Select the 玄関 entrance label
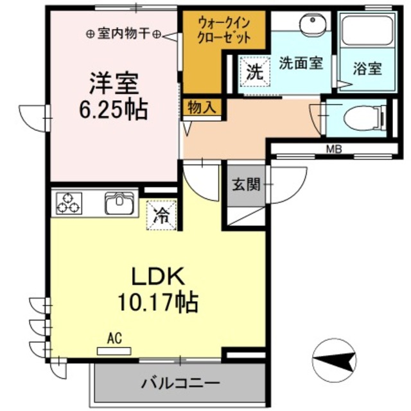coord(245,186)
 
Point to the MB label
coord(333,150)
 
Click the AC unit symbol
coord(113,351)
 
